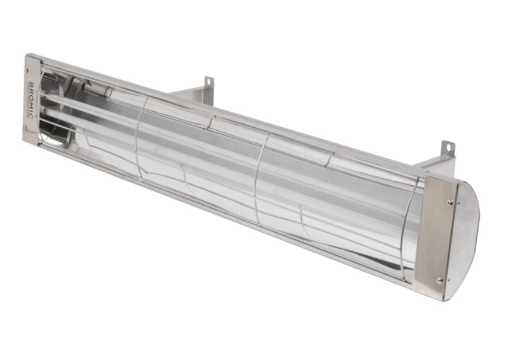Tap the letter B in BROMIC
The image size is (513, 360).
coord(32,84)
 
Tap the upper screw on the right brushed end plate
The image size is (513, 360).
coord(449,203)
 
